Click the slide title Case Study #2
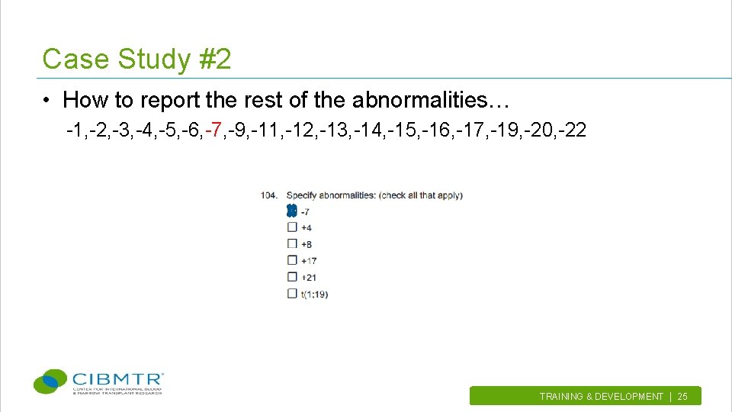pyautogui.click(x=136, y=59)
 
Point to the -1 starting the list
pyautogui.click(x=75, y=130)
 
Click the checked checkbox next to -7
pyautogui.click(x=291, y=212)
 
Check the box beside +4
pyautogui.click(x=292, y=227)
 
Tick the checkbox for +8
pyautogui.click(x=292, y=244)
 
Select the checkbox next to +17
pyautogui.click(x=292, y=261)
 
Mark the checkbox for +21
pyautogui.click(x=292, y=277)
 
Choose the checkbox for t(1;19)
pyautogui.click(x=292, y=294)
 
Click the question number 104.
pyautogui.click(x=269, y=195)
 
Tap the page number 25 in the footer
pyautogui.click(x=682, y=397)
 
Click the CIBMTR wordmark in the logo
pyautogui.click(x=117, y=378)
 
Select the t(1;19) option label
pyautogui.click(x=314, y=294)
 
